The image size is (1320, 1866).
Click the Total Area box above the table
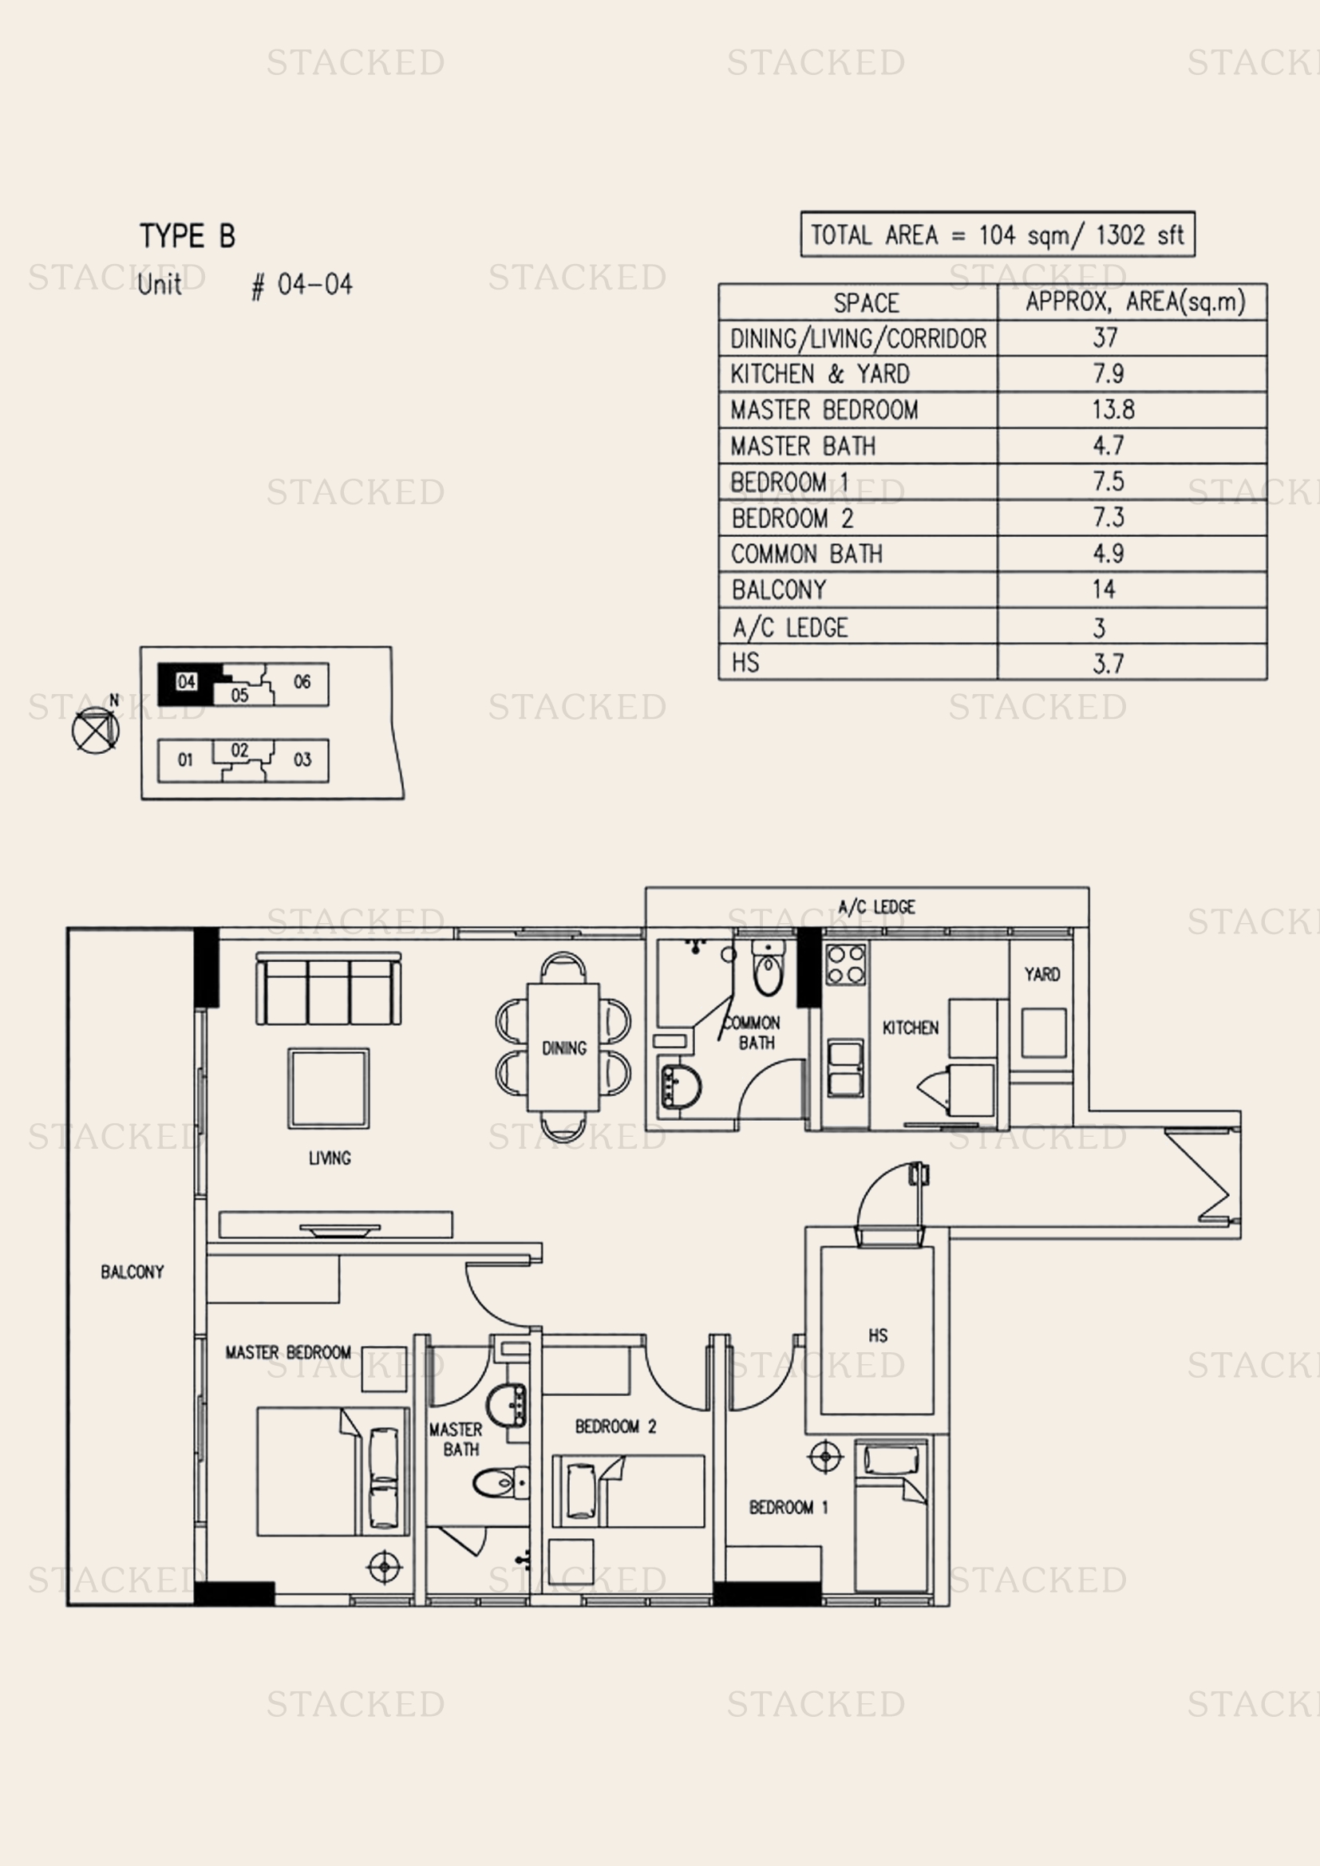click(x=998, y=234)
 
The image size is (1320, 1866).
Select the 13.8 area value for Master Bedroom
click(x=1113, y=409)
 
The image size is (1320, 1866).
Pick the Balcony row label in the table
click(x=779, y=590)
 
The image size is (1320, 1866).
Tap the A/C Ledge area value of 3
click(x=1099, y=627)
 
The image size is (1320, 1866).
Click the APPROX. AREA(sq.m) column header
click(x=1135, y=302)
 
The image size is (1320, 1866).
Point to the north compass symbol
click(x=96, y=728)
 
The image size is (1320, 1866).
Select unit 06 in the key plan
click(x=302, y=682)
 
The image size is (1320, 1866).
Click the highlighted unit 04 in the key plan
click(x=186, y=682)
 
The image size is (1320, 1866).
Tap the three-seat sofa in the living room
click(x=328, y=988)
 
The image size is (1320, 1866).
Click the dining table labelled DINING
click(x=563, y=1047)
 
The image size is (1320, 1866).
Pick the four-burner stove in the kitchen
click(x=846, y=964)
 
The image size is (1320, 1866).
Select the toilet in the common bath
click(x=768, y=967)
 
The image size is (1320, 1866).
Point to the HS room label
click(x=878, y=1335)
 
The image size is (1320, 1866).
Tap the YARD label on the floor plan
click(x=1042, y=974)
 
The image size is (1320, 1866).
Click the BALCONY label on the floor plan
click(x=132, y=1272)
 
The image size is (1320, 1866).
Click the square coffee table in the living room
click(x=328, y=1088)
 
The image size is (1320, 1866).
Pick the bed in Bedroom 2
click(x=628, y=1490)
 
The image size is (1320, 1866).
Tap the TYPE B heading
click(x=188, y=235)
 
